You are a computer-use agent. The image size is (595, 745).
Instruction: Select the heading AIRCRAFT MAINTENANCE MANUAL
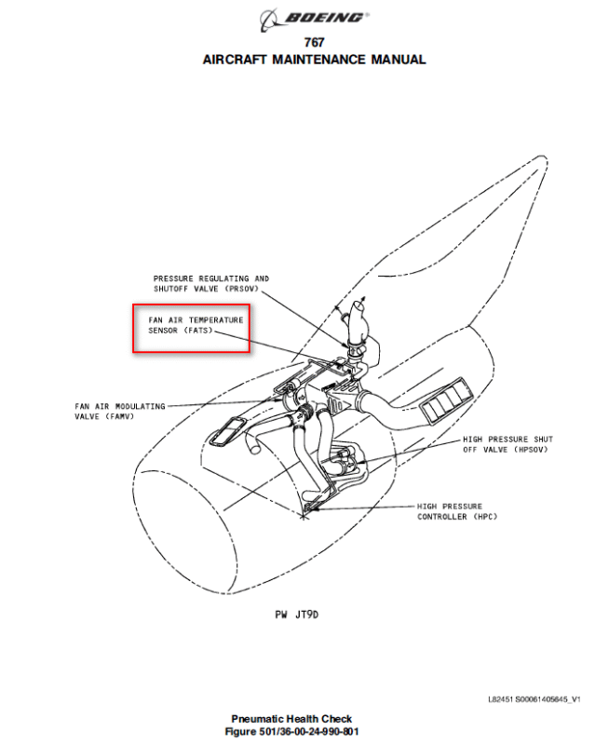[x=314, y=60]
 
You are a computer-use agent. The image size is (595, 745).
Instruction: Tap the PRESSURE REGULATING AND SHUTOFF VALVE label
[x=211, y=283]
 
